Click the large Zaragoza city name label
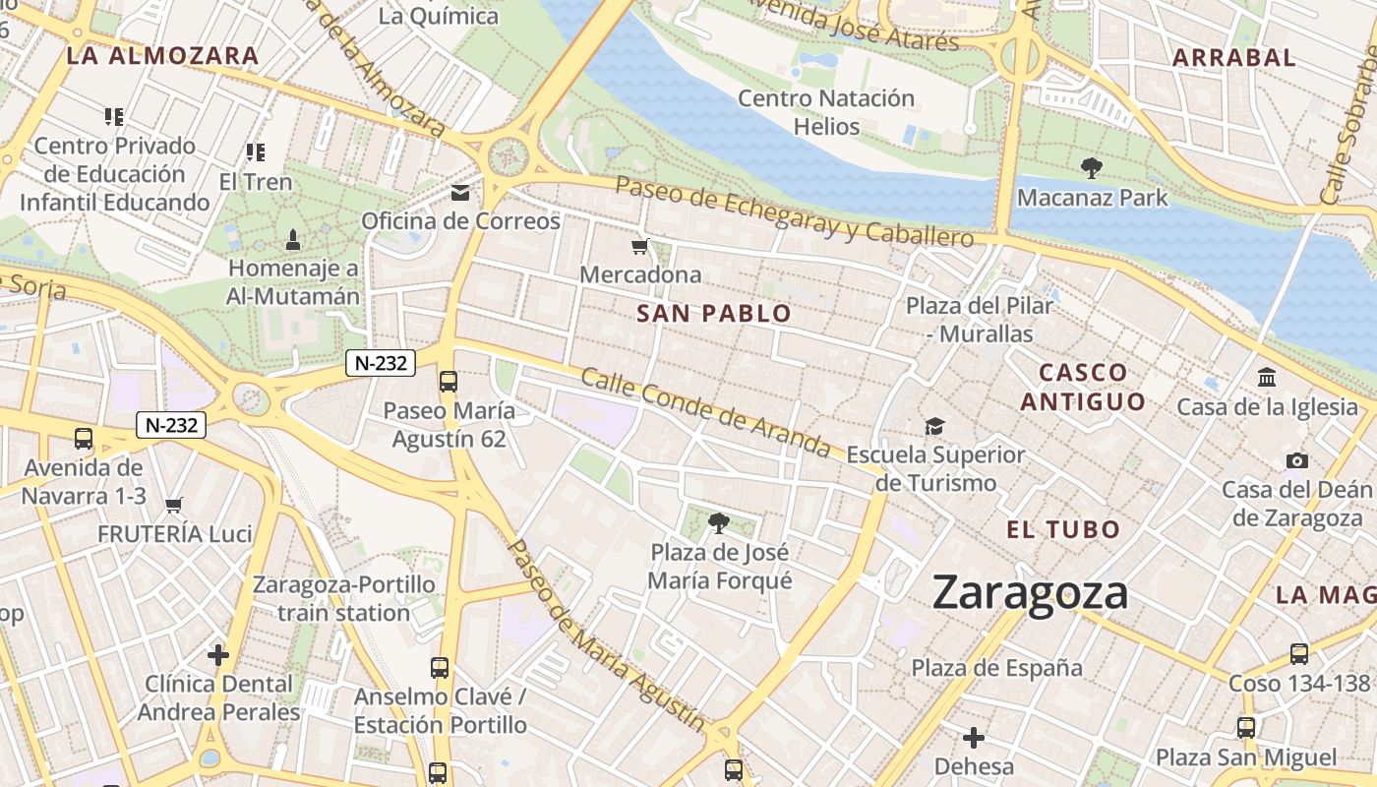[x=1030, y=593]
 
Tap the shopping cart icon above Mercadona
[x=640, y=246]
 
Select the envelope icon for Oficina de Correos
[x=460, y=192]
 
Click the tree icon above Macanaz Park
[x=1091, y=168]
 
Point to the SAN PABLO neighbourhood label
[x=713, y=314]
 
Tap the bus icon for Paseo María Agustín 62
[x=449, y=381]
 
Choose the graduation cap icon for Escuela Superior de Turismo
[x=934, y=426]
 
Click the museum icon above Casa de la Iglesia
[x=1267, y=377]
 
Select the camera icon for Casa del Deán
[x=1296, y=460]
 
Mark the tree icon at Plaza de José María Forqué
[x=719, y=522]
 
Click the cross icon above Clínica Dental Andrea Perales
[x=218, y=654]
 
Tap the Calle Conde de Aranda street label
[x=706, y=412]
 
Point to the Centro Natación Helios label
[x=826, y=112]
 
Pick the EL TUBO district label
[x=1063, y=529]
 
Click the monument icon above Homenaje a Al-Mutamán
[x=293, y=239]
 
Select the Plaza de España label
[x=996, y=668]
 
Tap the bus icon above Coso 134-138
[x=1299, y=653]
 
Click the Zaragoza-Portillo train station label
[x=343, y=598]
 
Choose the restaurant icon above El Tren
[x=256, y=152]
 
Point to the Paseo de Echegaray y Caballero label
[x=794, y=212]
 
